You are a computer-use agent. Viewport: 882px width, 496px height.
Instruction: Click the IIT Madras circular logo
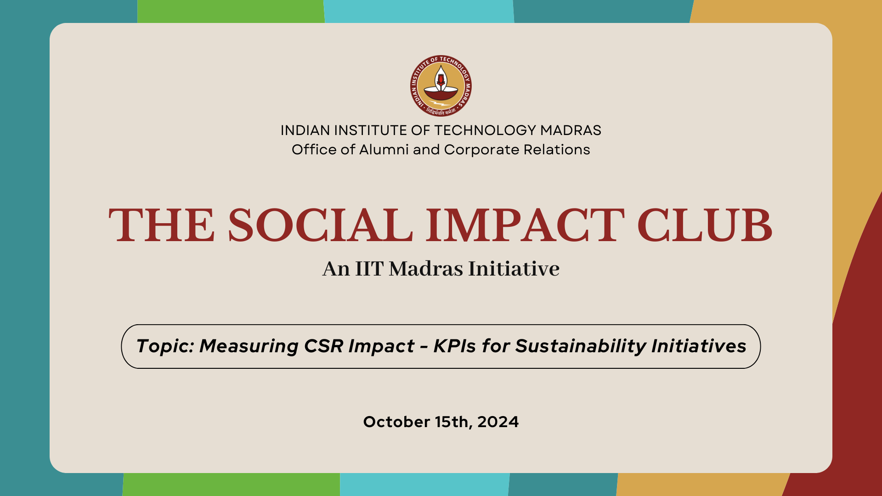441,86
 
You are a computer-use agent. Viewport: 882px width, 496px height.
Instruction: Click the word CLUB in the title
704,225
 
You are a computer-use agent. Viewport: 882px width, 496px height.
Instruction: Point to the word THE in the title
162,225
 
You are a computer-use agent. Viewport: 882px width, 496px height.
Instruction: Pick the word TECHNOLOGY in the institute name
486,130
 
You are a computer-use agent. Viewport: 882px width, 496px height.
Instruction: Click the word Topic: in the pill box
165,346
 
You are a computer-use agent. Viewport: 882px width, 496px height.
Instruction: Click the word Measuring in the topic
249,346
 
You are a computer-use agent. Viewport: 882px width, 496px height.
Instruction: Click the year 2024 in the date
498,422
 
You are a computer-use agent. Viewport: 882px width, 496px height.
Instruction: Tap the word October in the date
396,422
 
